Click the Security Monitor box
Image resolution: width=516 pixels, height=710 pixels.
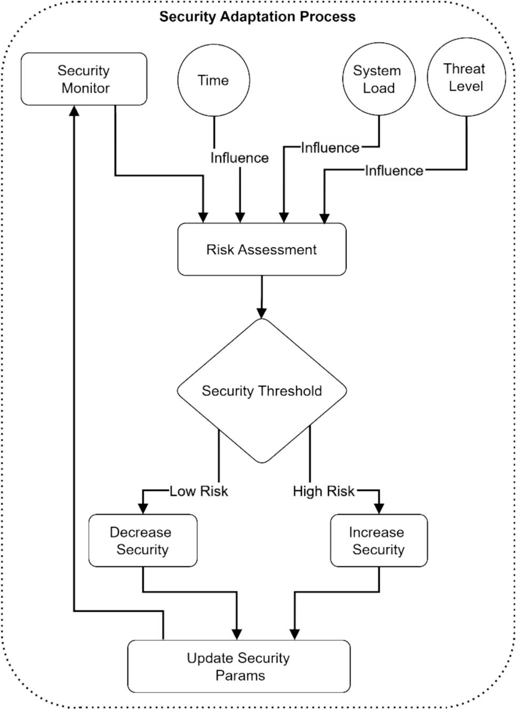(84, 79)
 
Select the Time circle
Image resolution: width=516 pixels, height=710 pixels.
(213, 80)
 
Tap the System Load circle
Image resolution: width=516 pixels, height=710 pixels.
(378, 79)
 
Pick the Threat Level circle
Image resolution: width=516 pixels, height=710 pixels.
(466, 78)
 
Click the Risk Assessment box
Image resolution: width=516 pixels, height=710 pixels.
(261, 250)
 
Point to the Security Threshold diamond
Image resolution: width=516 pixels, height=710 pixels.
(261, 391)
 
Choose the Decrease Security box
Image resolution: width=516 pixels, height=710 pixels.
(142, 541)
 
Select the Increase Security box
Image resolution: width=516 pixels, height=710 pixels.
(378, 541)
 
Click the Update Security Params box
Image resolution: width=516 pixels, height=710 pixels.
(239, 667)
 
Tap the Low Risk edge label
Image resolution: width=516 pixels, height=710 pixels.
(199, 491)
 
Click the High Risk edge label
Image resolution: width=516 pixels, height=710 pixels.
(323, 491)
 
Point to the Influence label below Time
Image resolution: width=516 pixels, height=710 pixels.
(239, 158)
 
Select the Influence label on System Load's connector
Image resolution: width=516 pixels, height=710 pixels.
(330, 148)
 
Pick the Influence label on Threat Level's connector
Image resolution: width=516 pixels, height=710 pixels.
(394, 171)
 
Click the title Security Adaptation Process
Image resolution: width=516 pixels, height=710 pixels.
(257, 17)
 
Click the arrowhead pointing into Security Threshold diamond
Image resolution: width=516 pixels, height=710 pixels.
(261, 313)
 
